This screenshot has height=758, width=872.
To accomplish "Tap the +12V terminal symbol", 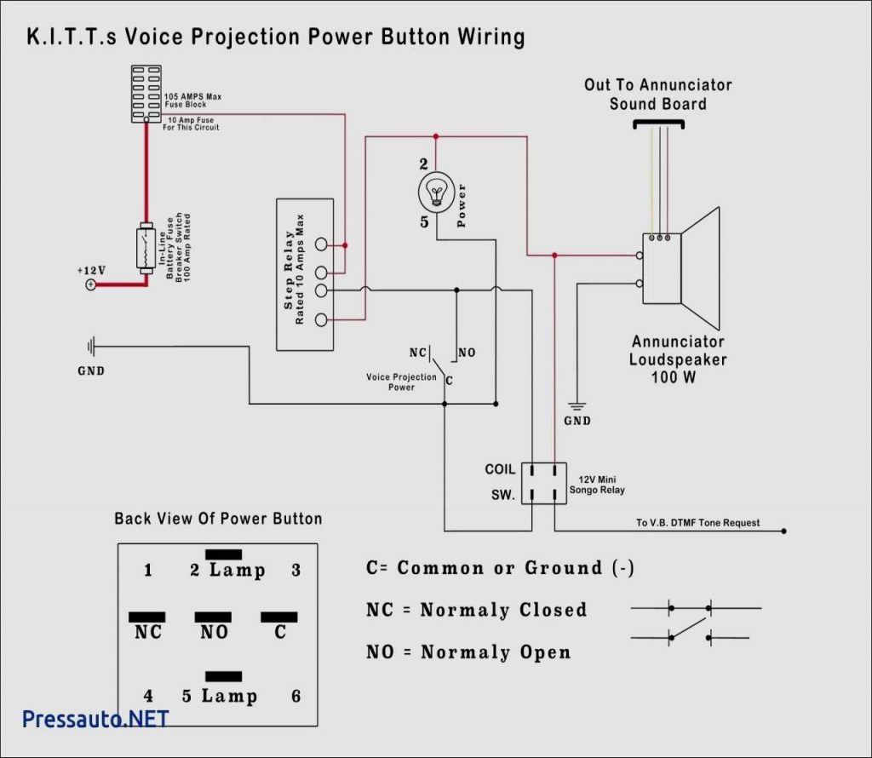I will [90, 284].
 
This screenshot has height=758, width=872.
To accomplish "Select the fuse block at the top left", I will [146, 94].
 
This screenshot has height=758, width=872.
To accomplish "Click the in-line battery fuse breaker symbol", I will [146, 249].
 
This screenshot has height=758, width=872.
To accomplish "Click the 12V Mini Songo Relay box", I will [543, 482].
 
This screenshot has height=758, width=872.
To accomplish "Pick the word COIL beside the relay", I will [500, 469].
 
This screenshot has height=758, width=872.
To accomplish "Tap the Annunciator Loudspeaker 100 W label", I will [678, 359].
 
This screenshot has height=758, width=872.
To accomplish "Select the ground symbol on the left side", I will [91, 347].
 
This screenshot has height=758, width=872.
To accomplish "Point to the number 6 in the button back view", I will [295, 696].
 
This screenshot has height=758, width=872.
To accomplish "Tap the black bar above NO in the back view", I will [213, 617].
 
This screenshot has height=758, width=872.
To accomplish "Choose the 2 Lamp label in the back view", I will [227, 570].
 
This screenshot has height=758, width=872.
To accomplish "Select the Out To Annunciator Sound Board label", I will [657, 94].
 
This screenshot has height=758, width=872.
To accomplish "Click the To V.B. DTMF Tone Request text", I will [697, 523].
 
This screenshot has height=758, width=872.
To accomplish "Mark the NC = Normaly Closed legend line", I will [476, 610].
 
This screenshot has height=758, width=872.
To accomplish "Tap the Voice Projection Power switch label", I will [401, 382].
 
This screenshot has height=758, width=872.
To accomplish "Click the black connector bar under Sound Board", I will [658, 124].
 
